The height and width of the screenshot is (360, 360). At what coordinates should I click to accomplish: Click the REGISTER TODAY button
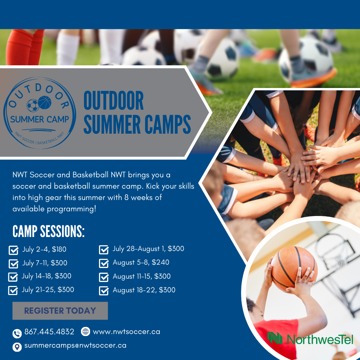(x=60, y=311)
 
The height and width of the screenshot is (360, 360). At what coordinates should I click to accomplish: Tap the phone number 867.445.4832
(x=49, y=332)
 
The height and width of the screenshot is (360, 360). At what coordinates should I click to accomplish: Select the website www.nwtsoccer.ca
(x=127, y=332)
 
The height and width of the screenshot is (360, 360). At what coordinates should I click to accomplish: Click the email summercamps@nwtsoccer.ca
(x=75, y=346)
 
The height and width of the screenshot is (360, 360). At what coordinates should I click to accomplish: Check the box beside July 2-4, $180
(x=14, y=250)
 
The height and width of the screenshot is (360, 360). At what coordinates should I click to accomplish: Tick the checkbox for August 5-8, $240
(x=104, y=263)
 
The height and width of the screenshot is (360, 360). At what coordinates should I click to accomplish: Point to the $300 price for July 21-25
(x=66, y=290)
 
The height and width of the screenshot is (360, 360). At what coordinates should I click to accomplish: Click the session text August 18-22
(x=134, y=290)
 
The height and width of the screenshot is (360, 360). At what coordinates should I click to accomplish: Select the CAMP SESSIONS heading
(x=48, y=231)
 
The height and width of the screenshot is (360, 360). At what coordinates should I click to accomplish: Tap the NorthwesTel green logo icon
(x=275, y=338)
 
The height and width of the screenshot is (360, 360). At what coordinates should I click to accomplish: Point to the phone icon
(x=17, y=334)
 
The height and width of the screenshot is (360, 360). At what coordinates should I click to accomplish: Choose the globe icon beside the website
(x=86, y=332)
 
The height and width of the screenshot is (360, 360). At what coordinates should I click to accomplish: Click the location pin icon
(x=17, y=347)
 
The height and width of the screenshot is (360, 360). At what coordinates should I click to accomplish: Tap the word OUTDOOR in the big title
(x=114, y=100)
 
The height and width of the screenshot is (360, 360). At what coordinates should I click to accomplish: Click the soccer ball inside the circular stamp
(x=33, y=105)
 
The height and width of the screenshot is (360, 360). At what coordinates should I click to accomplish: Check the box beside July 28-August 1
(x=104, y=250)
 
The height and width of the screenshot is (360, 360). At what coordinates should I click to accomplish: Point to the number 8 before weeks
(x=127, y=197)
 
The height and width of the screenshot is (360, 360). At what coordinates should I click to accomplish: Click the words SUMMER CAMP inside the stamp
(x=39, y=119)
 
